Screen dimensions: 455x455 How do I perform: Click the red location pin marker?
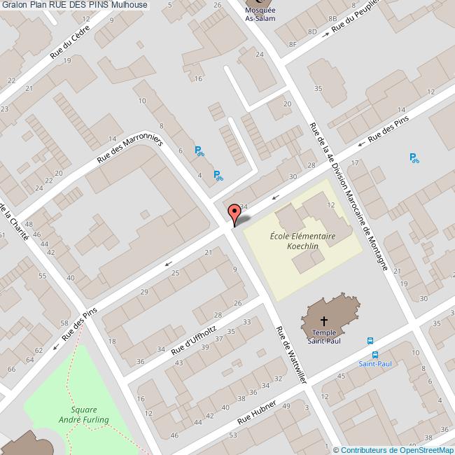[x=234, y=213]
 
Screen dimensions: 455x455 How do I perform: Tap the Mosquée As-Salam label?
[x=260, y=15]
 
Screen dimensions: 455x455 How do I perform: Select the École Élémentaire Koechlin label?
[x=302, y=241]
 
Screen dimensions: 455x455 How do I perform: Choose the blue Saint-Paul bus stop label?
[x=375, y=363]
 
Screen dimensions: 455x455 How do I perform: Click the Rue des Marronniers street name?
[x=129, y=150]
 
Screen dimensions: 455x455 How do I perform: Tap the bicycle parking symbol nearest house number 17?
[x=414, y=158]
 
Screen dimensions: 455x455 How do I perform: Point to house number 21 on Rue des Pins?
[x=208, y=251]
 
